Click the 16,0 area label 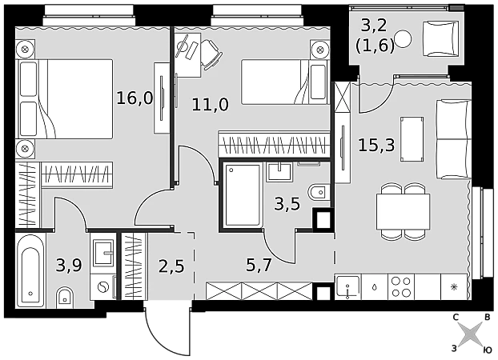click(x=135, y=98)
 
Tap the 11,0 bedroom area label click(x=210, y=104)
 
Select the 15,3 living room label click(x=376, y=145)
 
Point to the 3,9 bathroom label click(x=69, y=265)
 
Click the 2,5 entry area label click(x=171, y=266)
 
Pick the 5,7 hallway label click(x=259, y=265)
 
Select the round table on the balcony click(x=403, y=38)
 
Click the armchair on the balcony click(x=440, y=38)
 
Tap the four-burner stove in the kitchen click(x=401, y=287)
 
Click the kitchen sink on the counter click(x=348, y=287)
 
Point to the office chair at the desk click(x=211, y=53)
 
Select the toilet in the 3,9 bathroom click(x=66, y=298)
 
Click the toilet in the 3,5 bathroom click(x=319, y=192)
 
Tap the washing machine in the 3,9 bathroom click(x=103, y=288)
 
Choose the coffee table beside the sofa click(x=412, y=139)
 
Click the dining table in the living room click(x=403, y=211)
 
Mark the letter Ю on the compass click(x=488, y=350)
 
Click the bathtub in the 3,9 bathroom click(x=30, y=270)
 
